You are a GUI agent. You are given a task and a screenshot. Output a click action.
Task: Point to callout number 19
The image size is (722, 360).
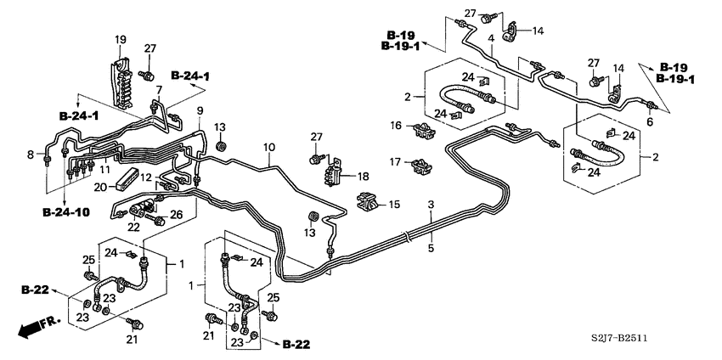[120, 39]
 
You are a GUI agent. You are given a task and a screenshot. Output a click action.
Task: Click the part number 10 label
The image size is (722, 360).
[268, 148]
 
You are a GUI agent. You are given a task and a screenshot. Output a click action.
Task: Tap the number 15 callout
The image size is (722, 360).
[394, 204]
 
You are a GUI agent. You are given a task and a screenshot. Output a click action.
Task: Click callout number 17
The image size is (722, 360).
[395, 162]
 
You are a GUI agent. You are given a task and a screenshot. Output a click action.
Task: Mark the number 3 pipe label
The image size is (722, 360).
[431, 205]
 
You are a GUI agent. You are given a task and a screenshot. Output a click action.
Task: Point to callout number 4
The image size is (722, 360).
[491, 37]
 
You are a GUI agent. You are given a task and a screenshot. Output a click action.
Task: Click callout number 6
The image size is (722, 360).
[651, 122]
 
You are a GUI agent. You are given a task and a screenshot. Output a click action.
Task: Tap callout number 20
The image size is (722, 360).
[99, 187]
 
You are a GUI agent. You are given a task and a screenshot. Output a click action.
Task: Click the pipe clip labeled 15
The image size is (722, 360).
[367, 203]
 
